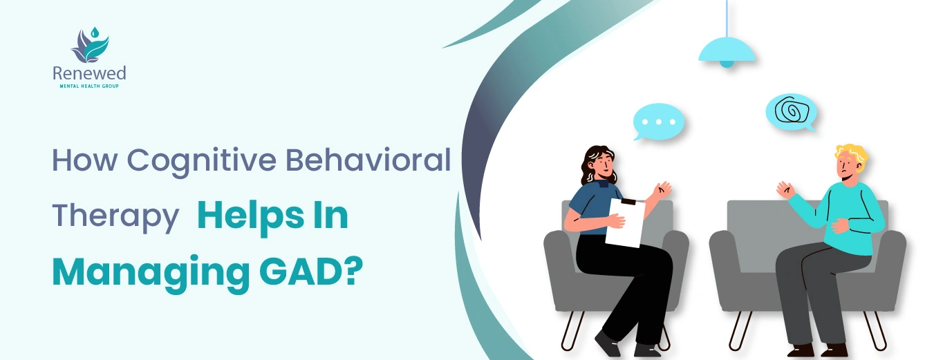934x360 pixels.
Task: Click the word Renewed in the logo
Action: point(89,73)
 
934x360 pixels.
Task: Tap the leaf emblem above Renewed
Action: point(90,45)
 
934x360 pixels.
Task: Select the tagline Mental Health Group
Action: point(89,86)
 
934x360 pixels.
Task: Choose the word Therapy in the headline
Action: point(115,218)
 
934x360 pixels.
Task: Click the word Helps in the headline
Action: point(250,218)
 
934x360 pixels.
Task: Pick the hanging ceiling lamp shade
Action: point(727,52)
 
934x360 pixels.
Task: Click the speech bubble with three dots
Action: point(658,122)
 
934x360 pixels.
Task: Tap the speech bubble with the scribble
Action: point(791,112)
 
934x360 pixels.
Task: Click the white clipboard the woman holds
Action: point(624,222)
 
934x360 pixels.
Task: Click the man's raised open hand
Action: point(785,190)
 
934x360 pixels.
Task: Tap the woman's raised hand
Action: point(662,190)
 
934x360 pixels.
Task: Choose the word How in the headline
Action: point(84,160)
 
